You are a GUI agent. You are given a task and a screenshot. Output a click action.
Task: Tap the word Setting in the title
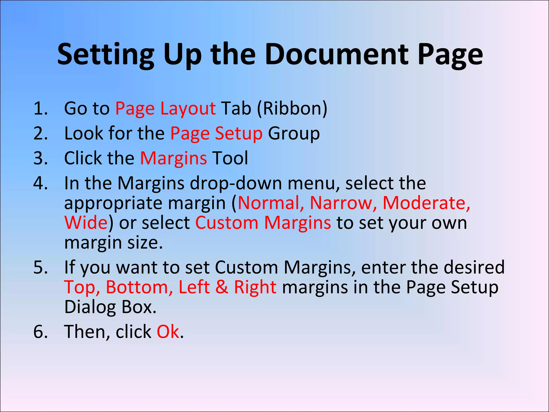[106, 55]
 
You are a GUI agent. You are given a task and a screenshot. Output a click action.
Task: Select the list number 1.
[40, 109]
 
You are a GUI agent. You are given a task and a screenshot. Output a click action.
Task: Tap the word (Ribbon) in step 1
[292, 109]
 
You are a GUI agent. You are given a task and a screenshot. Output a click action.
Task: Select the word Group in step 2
[294, 134]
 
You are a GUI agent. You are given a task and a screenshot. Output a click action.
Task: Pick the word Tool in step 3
[230, 158]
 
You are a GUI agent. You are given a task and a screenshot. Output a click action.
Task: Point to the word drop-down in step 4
[236, 183]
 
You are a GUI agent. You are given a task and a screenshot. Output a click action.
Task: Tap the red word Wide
[86, 223]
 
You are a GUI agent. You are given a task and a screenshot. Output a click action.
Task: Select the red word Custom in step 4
[227, 223]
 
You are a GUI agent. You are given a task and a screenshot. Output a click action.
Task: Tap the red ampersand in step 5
[222, 287]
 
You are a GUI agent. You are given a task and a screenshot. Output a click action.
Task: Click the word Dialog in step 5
[90, 307]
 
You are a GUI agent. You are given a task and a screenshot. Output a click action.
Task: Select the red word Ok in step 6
[168, 332]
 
